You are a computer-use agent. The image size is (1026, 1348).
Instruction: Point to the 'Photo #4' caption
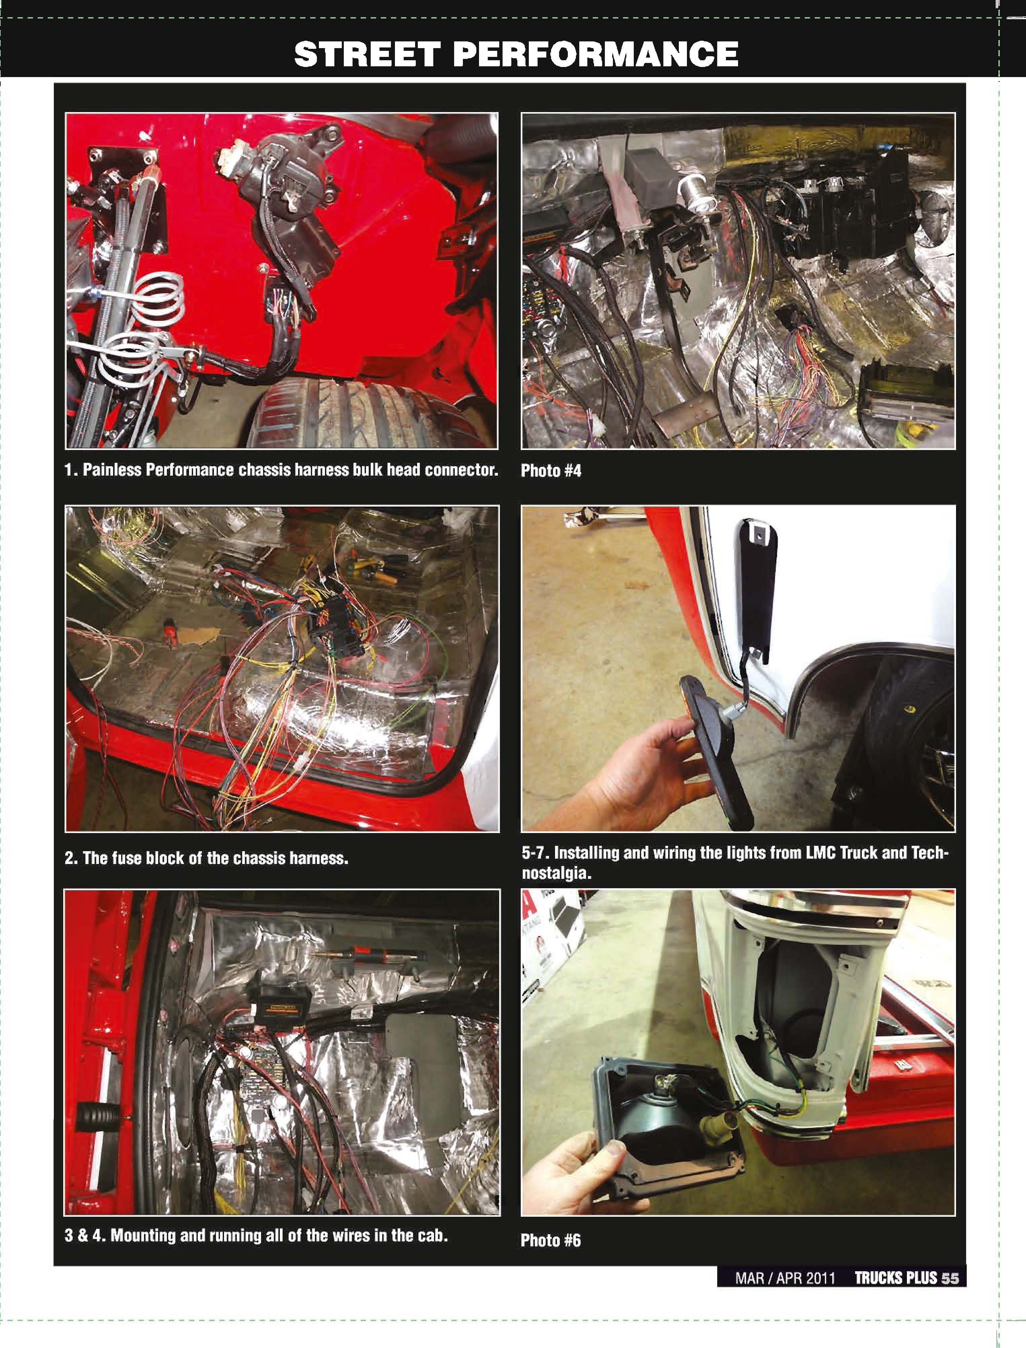(x=551, y=471)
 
